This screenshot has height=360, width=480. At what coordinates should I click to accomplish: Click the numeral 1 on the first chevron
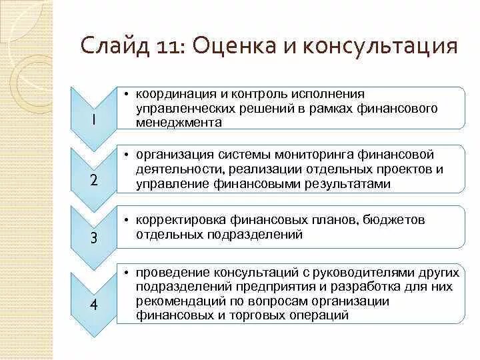(x=93, y=120)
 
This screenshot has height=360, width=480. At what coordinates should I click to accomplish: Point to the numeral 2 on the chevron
(x=93, y=180)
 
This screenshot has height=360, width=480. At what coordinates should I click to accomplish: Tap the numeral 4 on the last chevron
(x=93, y=305)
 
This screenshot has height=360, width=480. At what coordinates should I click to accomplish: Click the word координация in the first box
(x=170, y=94)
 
